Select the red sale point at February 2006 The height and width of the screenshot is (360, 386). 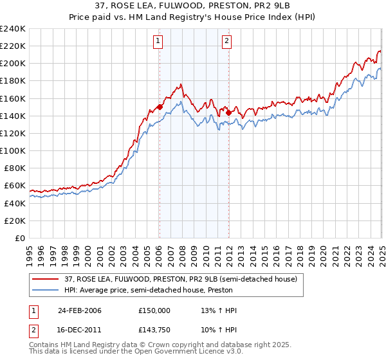(x=160, y=107)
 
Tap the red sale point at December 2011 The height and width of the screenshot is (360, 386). (x=228, y=113)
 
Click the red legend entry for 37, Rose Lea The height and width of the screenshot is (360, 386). (x=180, y=279)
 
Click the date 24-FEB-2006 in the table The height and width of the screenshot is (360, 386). (x=79, y=310)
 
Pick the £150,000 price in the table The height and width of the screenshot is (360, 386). (x=154, y=310)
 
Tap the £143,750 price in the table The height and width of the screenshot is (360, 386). (x=154, y=329)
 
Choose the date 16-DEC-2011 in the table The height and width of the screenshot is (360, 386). (x=79, y=329)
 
